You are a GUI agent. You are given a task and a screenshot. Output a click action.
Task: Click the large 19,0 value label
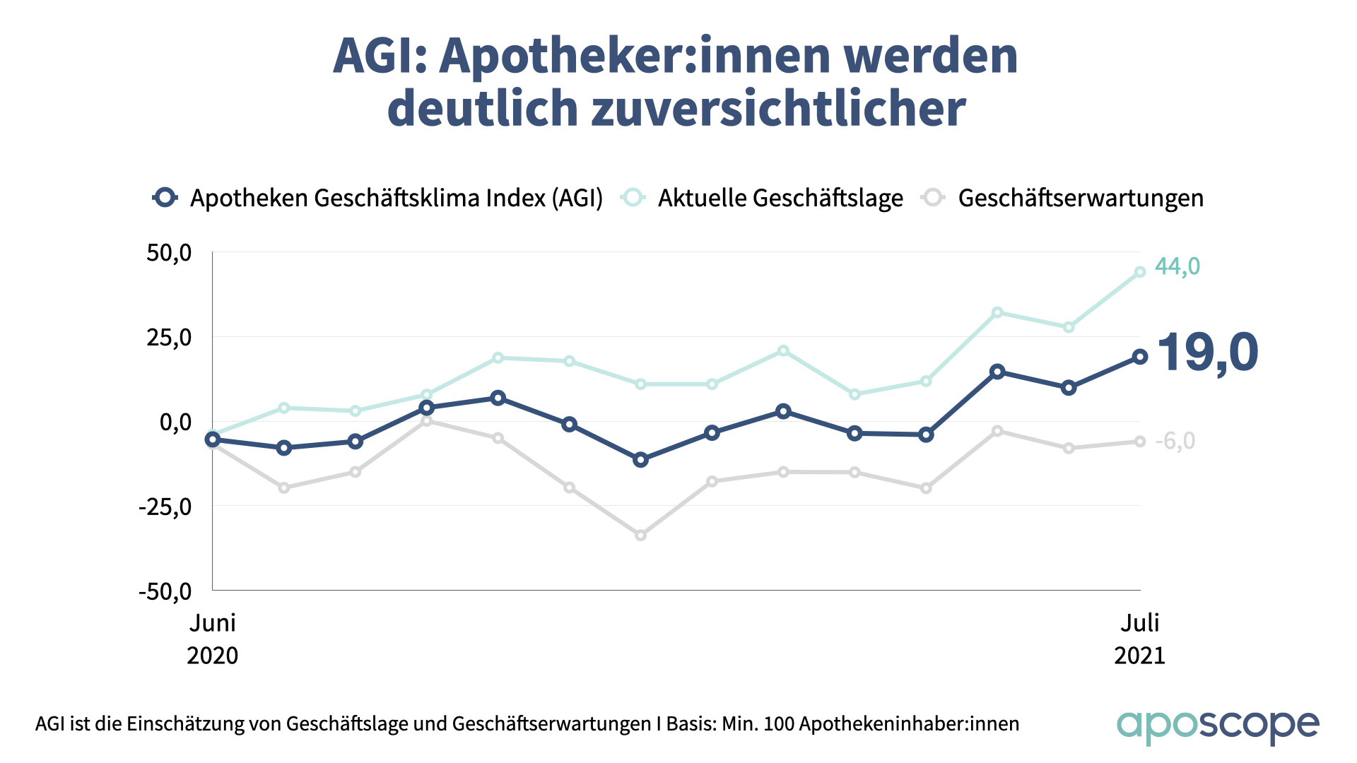1207,353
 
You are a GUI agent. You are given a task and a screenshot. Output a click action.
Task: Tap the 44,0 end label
1177,266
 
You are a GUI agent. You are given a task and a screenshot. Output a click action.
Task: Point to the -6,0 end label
1175,441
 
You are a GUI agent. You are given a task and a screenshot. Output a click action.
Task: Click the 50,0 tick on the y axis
169,253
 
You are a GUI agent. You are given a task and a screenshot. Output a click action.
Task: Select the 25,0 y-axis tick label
169,338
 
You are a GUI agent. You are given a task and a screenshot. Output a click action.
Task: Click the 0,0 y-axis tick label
175,422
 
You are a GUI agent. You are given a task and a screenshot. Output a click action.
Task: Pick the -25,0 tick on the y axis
165,507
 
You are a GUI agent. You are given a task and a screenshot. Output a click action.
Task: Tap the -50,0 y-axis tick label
165,591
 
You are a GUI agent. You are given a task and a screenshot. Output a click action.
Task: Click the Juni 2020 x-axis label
213,639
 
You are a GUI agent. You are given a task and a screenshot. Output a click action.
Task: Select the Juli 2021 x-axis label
1139,639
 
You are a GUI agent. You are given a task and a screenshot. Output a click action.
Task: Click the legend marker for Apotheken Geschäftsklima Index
165,198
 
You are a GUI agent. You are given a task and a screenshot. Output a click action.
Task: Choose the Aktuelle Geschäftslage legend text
780,199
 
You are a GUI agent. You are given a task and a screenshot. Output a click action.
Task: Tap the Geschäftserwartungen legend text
1081,199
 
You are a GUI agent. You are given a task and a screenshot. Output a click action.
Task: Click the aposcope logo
1217,726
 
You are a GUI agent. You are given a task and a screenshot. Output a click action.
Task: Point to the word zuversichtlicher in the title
778,109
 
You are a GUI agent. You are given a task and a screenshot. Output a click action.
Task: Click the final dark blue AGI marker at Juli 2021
1140,357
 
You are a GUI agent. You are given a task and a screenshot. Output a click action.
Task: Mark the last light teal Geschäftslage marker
1140,272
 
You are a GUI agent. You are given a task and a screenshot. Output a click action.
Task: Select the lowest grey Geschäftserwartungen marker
640,536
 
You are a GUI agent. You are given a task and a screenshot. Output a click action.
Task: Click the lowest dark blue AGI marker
640,460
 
